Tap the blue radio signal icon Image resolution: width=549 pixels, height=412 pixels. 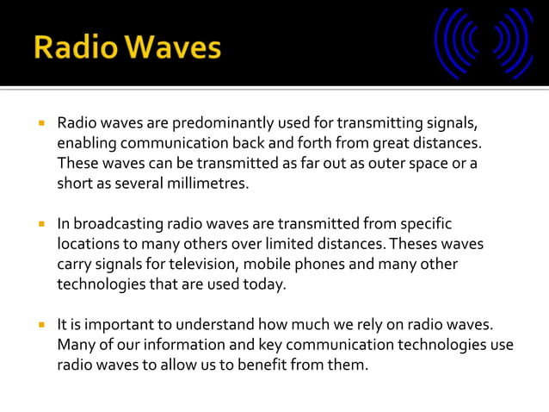point(484,43)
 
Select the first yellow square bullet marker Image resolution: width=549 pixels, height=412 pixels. point(40,122)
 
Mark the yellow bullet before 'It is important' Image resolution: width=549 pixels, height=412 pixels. point(40,326)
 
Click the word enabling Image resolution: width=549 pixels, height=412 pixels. point(85,142)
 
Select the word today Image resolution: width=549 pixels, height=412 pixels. point(264,284)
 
